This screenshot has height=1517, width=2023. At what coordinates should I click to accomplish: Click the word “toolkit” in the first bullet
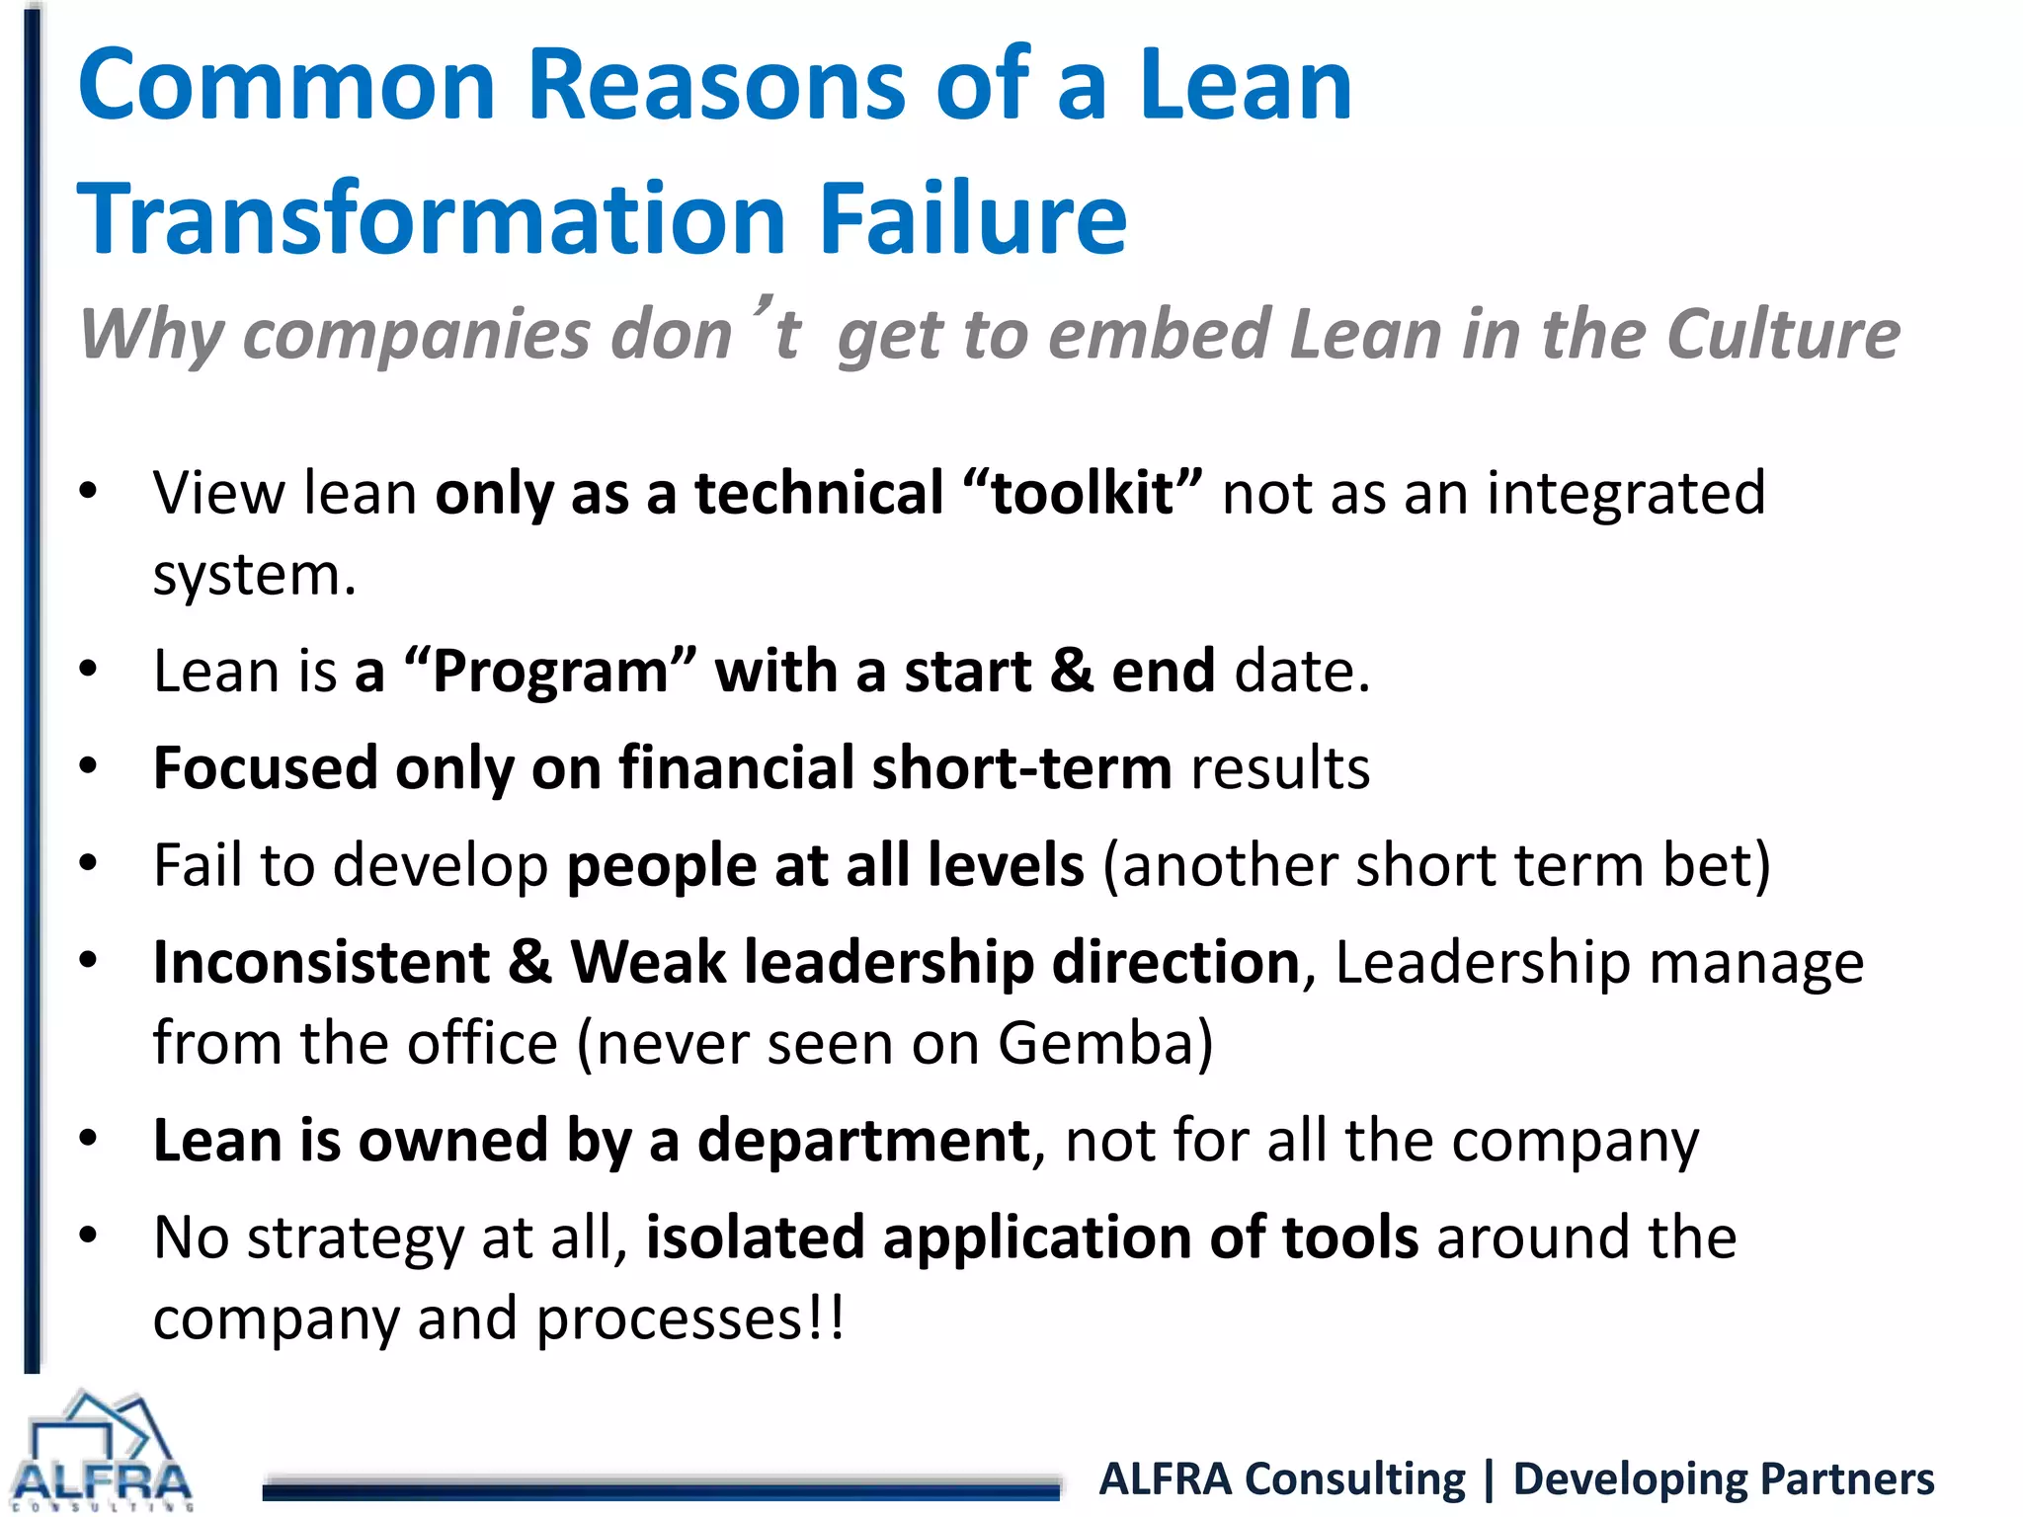coord(1083,493)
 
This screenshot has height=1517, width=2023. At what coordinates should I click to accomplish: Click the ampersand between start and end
coord(1072,672)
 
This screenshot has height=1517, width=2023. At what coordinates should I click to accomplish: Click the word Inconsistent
coord(322,962)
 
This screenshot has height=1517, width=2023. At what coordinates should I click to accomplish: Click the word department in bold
coord(863,1141)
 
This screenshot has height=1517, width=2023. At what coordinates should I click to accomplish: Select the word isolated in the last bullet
coord(755,1238)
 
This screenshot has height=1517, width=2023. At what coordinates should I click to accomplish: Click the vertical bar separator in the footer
coord(1490,1479)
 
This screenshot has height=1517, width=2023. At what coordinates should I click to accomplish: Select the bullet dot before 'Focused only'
coord(89,766)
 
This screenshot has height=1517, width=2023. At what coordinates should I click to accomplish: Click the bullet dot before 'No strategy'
coord(89,1236)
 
